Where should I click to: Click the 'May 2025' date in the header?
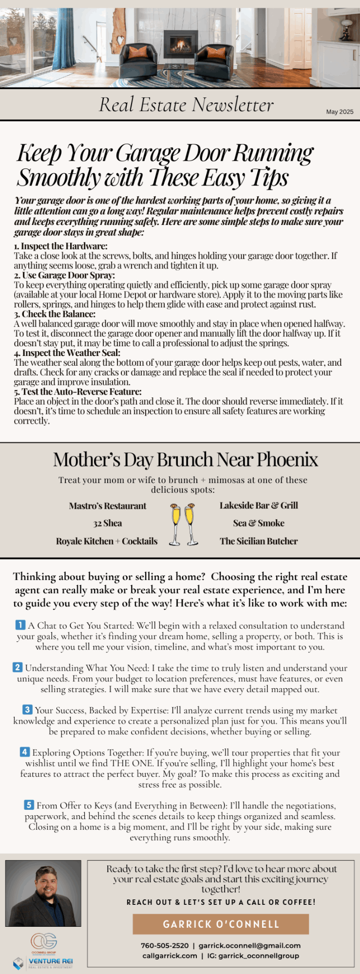coord(340,112)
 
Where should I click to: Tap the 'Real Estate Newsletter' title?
coord(186,105)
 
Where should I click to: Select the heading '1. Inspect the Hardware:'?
coord(60,246)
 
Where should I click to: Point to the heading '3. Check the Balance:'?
coord(55,314)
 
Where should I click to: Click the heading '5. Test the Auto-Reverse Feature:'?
coord(77,392)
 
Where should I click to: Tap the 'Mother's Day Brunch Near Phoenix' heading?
coord(185,460)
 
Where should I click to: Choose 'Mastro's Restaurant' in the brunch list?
coord(107,506)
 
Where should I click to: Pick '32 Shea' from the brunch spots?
coord(108,523)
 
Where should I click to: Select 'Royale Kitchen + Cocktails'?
coord(107,541)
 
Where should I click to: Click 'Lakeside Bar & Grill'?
coord(259,506)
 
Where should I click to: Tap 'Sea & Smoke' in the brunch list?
coord(259,523)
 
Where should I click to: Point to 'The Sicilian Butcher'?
coord(259,541)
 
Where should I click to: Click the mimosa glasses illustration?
coord(184,524)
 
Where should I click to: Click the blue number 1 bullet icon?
coord(20,625)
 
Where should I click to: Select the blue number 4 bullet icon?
coord(25,752)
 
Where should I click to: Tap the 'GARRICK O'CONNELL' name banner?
coord(221,924)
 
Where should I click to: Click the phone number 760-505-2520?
coord(165,945)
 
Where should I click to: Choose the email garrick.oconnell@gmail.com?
coord(249,945)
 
